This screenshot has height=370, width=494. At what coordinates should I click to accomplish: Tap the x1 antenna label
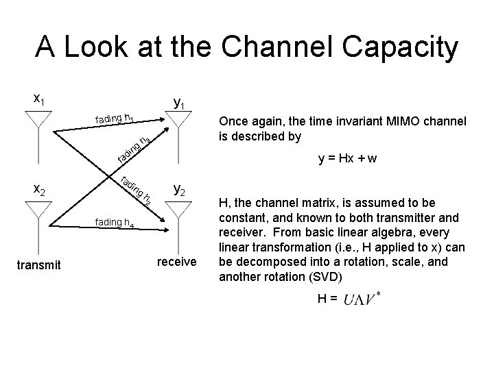[x=40, y=99]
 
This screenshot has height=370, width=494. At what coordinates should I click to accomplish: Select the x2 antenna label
[x=40, y=190]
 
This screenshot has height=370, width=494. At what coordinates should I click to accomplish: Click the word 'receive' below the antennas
[x=177, y=261]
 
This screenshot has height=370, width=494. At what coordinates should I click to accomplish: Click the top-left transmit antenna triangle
[x=40, y=123]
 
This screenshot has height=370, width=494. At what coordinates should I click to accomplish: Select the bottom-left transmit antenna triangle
[x=40, y=212]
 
